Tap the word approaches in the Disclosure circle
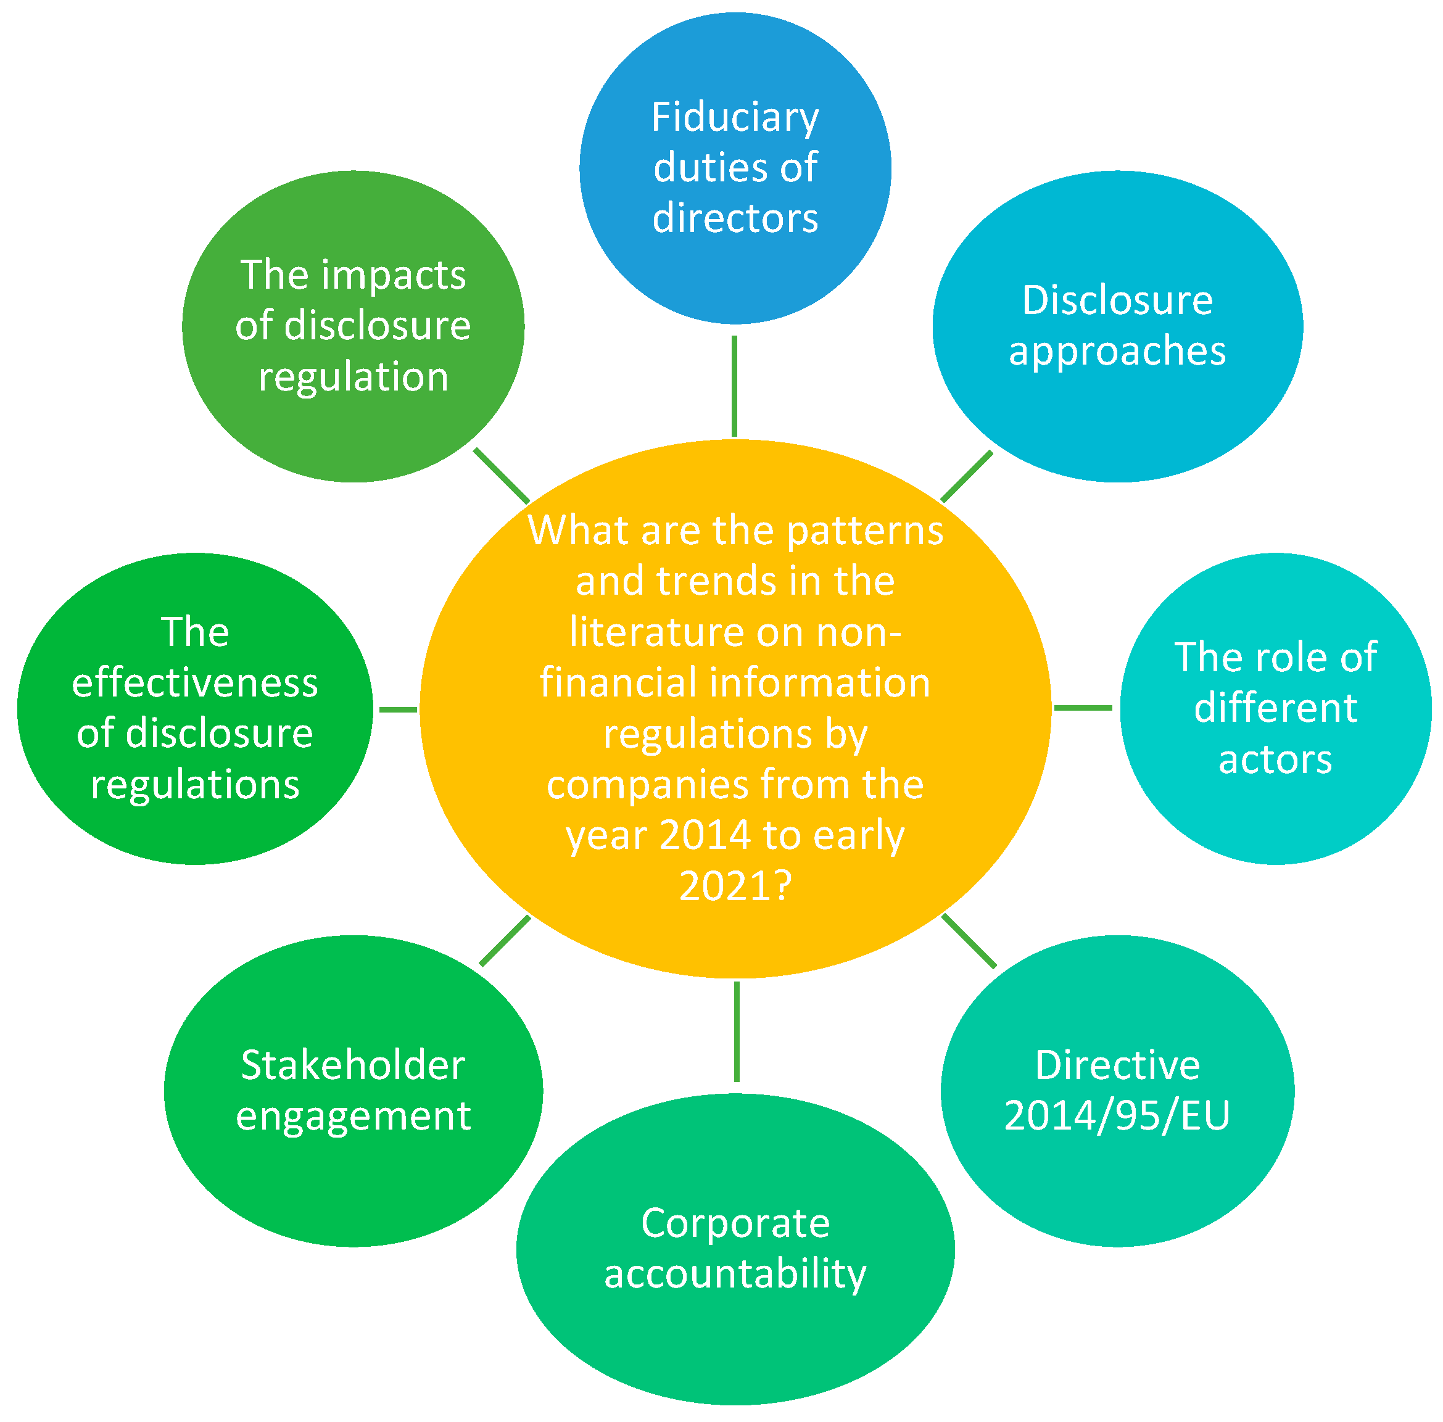[1117, 351]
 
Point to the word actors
[1276, 759]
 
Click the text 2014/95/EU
[1117, 1116]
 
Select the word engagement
[354, 1117]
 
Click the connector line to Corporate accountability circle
[737, 1031]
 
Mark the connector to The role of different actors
[1083, 707]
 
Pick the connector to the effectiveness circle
[398, 709]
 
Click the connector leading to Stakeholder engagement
[505, 941]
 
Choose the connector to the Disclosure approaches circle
[967, 476]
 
